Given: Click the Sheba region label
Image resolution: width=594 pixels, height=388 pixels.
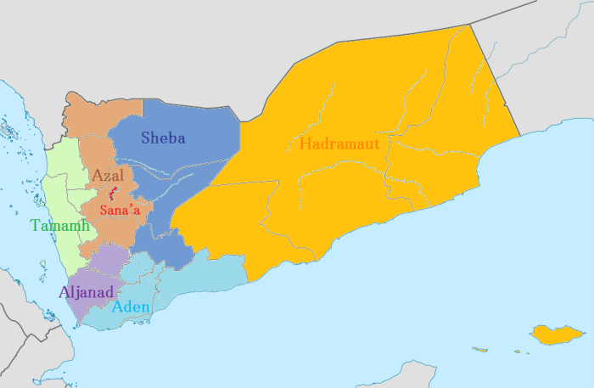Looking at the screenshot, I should [x=163, y=138].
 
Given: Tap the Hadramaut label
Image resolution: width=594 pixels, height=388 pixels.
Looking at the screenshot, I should [x=339, y=143].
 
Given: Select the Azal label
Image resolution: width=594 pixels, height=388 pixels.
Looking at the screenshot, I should [x=108, y=175].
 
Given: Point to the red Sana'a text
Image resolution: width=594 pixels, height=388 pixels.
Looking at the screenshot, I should [x=120, y=211].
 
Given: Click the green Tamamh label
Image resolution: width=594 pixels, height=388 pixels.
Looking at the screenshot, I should [x=59, y=225].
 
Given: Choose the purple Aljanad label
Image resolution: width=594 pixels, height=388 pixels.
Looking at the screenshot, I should [x=86, y=292].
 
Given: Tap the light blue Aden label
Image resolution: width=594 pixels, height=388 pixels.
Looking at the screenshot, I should [x=131, y=306].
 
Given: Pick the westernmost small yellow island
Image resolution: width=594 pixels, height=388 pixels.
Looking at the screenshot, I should [x=479, y=349].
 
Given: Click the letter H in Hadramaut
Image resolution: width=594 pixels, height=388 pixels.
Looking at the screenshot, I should [x=305, y=143].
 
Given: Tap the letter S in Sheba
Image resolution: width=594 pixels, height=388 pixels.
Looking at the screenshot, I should [x=146, y=138].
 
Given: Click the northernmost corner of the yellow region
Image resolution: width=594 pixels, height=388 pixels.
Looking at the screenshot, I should [x=468, y=25].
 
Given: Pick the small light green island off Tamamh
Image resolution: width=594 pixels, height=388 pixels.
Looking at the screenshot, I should [x=42, y=265].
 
